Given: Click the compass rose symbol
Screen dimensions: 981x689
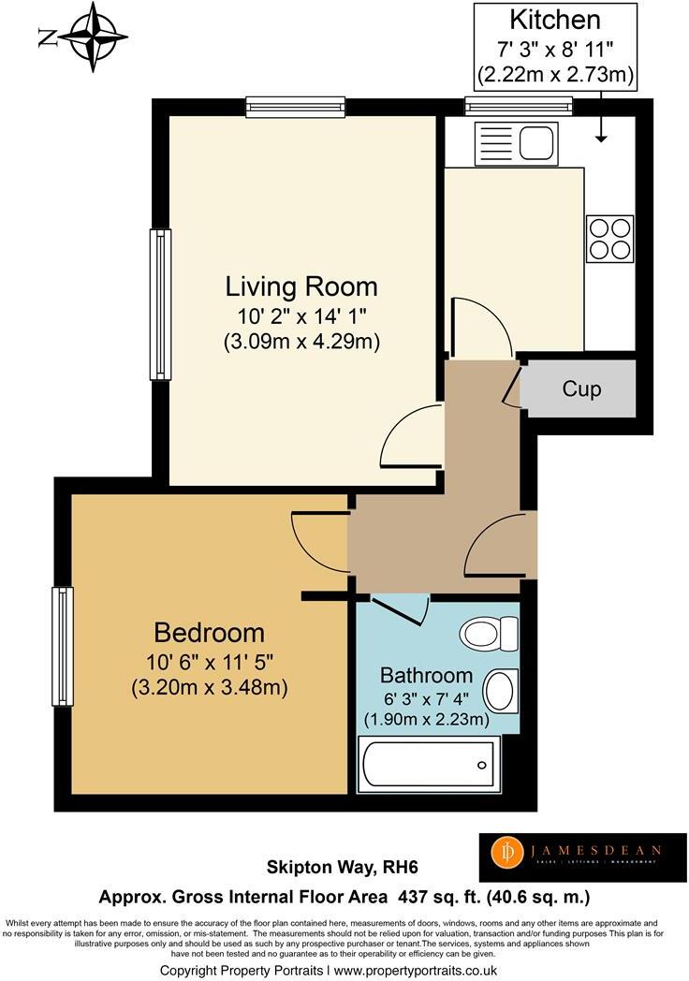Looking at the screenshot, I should pos(91,38).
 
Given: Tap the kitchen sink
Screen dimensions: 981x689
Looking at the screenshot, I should pos(518,143).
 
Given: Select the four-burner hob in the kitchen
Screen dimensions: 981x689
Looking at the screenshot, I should pos(609,238).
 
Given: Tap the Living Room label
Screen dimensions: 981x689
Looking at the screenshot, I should pos(301,286).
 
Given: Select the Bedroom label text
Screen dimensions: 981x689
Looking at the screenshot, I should pos(209,633).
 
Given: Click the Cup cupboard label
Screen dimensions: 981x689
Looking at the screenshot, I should pos(581,388).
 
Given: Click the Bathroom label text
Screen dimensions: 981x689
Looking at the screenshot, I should pos(426,676).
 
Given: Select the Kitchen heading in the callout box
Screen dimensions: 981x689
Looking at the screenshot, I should pos(554,20).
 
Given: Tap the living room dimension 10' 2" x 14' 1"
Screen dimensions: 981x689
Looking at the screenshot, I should pos(301,315).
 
